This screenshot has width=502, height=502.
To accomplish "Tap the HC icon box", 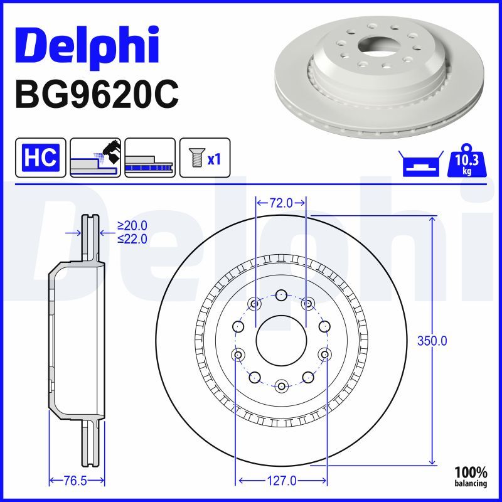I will (x=41, y=157).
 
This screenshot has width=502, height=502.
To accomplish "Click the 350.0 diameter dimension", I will (x=432, y=341).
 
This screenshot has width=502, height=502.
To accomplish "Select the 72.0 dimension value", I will (x=281, y=203).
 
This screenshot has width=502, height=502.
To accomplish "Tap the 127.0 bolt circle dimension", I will (x=281, y=481).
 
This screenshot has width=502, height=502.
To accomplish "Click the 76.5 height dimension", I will (x=75, y=481).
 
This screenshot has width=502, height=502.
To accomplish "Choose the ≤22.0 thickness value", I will (x=132, y=238).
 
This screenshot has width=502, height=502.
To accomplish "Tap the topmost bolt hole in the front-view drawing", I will (x=281, y=295).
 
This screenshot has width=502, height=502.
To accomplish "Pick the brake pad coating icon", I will (x=95, y=157).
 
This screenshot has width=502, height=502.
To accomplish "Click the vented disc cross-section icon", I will (x=150, y=157).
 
